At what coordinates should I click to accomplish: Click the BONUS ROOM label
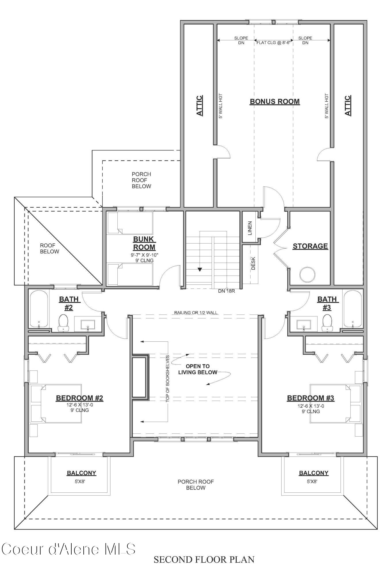[275, 102]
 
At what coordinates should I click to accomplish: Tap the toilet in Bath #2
[63, 322]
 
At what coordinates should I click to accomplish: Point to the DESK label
[253, 263]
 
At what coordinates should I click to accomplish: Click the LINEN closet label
[250, 228]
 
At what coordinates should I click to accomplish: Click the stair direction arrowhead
[200, 270]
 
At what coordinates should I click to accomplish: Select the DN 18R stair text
[226, 291]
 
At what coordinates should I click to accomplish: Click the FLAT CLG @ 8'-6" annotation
[273, 43]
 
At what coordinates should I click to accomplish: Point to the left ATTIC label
[200, 106]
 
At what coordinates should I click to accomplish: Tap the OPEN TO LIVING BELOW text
[198, 369]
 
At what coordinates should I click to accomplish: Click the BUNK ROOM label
[144, 243]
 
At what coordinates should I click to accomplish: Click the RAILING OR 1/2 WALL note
[196, 313]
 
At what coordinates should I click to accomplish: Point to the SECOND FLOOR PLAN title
[204, 559]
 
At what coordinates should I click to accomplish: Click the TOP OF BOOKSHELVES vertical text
[167, 378]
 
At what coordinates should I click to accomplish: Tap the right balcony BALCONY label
[313, 473]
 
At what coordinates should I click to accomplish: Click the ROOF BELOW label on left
[49, 249]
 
